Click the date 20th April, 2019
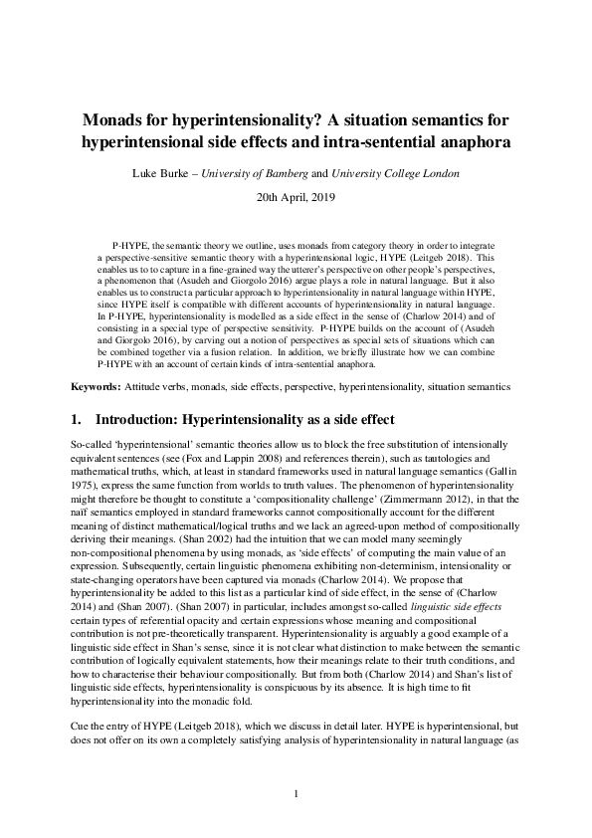(296, 198)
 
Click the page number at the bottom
(296, 793)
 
